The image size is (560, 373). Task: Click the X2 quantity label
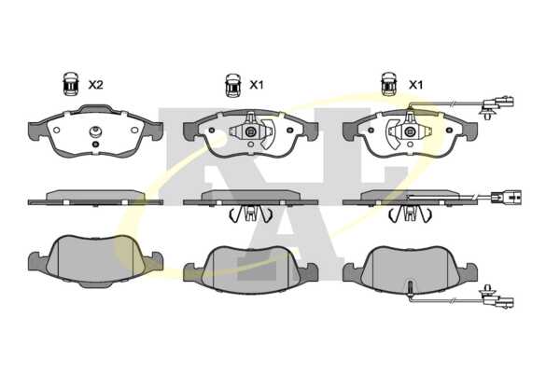pos(96,85)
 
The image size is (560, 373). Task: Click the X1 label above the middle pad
pos(256,85)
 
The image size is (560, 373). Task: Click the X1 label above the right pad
pos(415,85)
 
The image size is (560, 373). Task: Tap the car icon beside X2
pos(71,84)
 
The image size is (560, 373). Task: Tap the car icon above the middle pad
pos(232,85)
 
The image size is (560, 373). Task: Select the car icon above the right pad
pos(389,84)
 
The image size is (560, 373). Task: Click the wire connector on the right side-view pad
pos(506,197)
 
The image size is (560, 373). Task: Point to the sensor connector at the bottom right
pos(497,298)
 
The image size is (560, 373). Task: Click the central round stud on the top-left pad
pos(95,132)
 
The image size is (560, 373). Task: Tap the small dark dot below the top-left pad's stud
pos(95,145)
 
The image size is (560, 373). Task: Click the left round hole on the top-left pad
pos(56,130)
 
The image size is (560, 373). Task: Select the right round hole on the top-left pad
pos(134,130)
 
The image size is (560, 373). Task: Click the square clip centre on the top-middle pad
pos(250,132)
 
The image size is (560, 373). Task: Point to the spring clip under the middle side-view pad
pos(250,214)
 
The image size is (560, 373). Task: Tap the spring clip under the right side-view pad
pos(410,214)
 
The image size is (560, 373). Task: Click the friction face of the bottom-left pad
pos(95,257)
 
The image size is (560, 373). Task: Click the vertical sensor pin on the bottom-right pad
pos(411,288)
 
